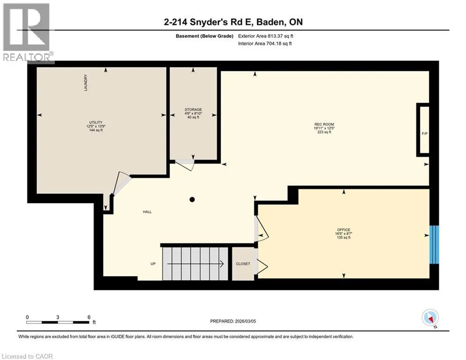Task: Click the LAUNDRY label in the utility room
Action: pos(86,82)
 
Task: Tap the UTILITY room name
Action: pos(96,122)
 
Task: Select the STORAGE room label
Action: pos(193,110)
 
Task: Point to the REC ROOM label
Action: pos(324,124)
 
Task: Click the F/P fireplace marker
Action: pos(425,134)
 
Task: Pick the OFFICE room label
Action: pos(344,230)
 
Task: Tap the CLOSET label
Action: pos(243,264)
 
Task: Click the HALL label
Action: pos(147,212)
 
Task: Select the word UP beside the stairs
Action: pos(153,264)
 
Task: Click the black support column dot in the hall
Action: pos(192,200)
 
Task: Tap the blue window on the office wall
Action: pos(434,245)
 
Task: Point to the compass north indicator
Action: pos(430,318)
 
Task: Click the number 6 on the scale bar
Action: pos(89,317)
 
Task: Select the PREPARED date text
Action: pos(233,321)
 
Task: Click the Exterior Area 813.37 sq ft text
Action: pos(266,36)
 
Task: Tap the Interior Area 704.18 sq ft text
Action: pos(265,44)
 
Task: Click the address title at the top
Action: pos(233,22)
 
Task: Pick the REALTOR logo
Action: pos(28,32)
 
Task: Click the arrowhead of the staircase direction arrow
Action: pos(222,264)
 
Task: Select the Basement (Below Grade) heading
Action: pos(205,36)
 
